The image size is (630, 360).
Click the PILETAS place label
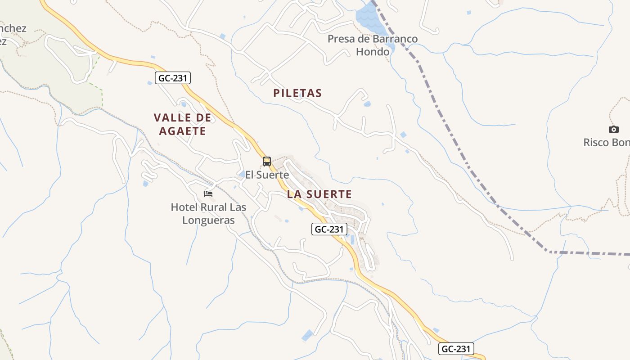pos(297,93)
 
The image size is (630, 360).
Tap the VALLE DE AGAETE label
pos(182,125)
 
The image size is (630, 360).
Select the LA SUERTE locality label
pos(319,194)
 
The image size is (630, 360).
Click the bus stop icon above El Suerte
pos(267,162)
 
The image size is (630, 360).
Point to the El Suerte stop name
pos(267,175)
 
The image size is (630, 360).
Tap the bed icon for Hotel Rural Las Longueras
pos(208,194)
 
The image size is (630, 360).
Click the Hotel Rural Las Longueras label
pos(208,214)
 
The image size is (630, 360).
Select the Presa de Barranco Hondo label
pos(373,45)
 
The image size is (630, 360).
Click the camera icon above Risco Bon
pos(613,130)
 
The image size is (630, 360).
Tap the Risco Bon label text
pos(607,143)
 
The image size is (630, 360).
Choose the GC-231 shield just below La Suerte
pos(329,229)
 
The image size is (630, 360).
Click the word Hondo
pos(373,52)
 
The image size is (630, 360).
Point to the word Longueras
pos(208,220)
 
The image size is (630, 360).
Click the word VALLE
pos(169,118)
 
